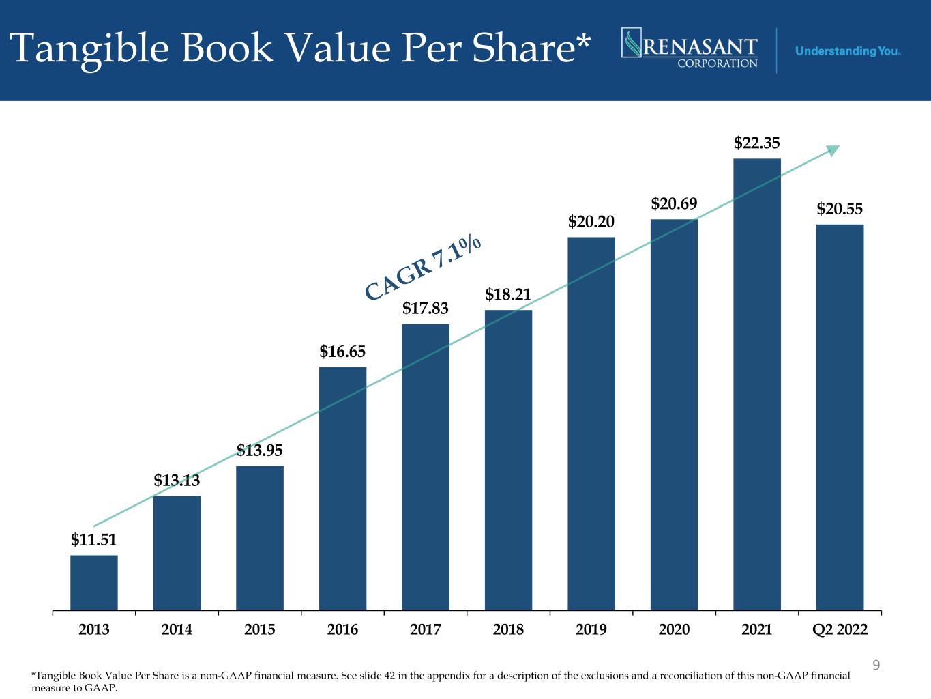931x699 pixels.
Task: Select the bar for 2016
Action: (343, 488)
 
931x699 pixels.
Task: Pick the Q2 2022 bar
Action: (840, 416)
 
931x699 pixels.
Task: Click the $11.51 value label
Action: (94, 540)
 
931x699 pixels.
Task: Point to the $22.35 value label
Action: (757, 143)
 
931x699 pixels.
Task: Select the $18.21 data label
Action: (508, 295)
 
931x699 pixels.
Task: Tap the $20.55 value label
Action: (840, 210)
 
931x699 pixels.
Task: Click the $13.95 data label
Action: (260, 451)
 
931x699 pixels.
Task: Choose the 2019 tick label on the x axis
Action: (591, 629)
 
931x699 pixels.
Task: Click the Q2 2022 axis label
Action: (840, 629)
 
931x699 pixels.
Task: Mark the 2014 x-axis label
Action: (177, 629)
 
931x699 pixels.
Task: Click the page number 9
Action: (877, 664)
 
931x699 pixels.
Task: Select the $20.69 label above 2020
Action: (674, 203)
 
